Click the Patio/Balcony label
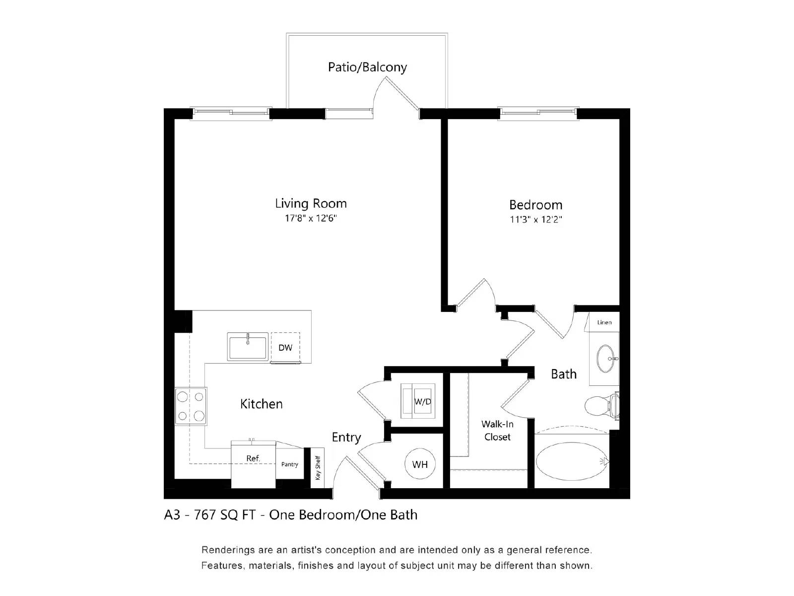point(367,67)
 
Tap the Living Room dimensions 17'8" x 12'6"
point(311,218)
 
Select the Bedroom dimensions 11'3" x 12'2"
point(535,219)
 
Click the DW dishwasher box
point(285,347)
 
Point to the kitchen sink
point(248,346)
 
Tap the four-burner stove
point(191,406)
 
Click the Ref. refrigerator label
point(253,458)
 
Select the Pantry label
point(290,464)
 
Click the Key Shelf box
point(318,468)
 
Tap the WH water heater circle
point(420,464)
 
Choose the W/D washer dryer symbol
point(418,401)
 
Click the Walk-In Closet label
point(497,431)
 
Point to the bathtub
point(571,461)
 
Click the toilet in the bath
point(601,406)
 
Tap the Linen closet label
point(604,322)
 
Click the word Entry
point(346,437)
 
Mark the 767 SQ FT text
point(225,515)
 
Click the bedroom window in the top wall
point(538,113)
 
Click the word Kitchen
point(262,404)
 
